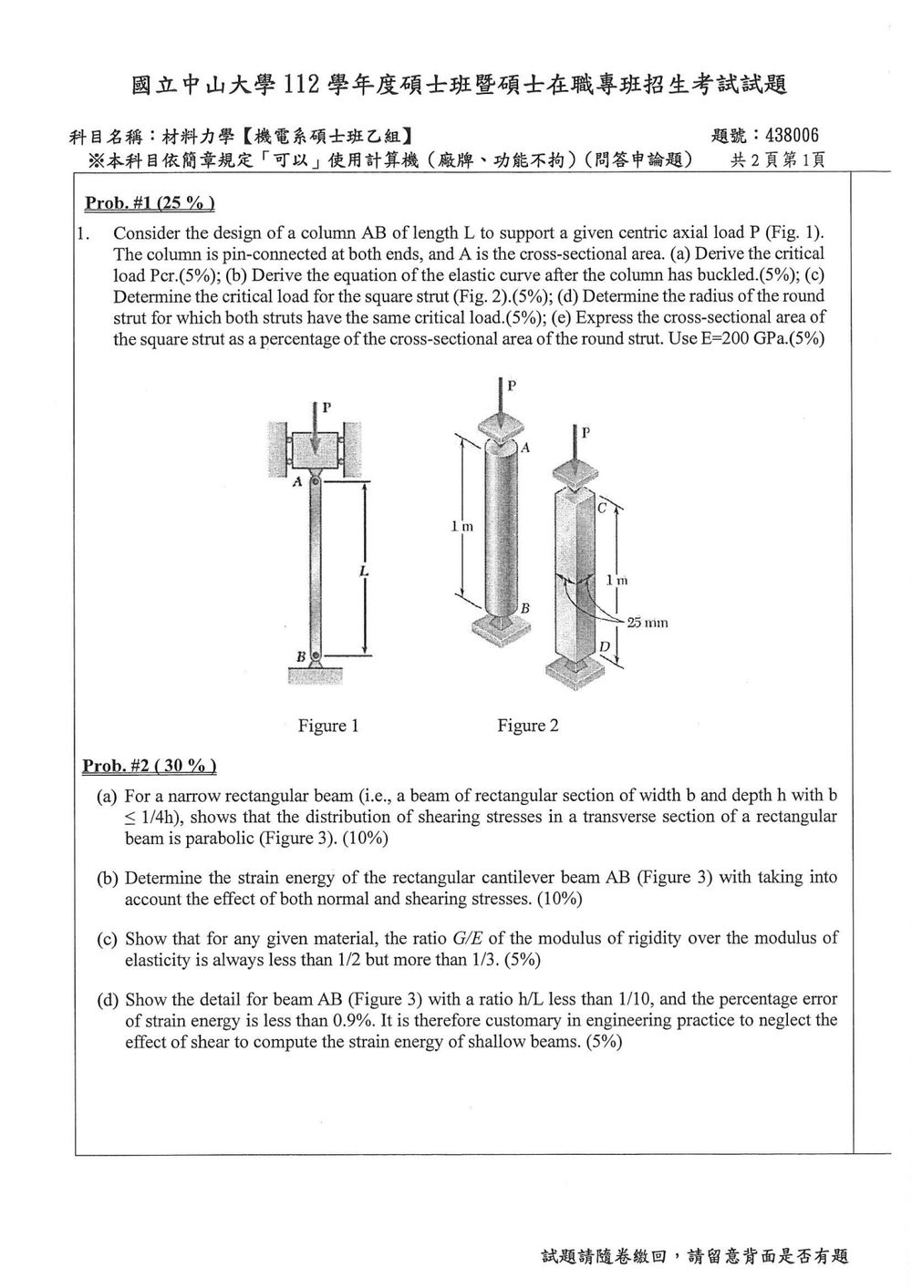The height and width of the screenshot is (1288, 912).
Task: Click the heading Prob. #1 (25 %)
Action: point(150,203)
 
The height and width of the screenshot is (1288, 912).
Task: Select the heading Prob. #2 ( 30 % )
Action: point(149,766)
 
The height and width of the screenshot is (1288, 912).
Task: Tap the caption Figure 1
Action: point(328,726)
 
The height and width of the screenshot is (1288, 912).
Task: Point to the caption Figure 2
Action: point(528,726)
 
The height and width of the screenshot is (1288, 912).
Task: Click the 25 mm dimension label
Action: point(648,623)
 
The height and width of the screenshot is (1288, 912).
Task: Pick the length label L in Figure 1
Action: point(363,572)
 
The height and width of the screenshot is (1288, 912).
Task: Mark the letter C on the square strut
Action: point(602,508)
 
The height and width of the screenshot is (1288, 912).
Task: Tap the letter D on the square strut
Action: point(604,647)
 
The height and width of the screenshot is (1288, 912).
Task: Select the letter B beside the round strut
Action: point(524,608)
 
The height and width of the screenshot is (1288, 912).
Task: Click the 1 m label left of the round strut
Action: point(462,526)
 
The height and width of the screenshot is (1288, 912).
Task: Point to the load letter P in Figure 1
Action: point(326,407)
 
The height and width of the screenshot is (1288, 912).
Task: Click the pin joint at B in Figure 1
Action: point(315,655)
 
